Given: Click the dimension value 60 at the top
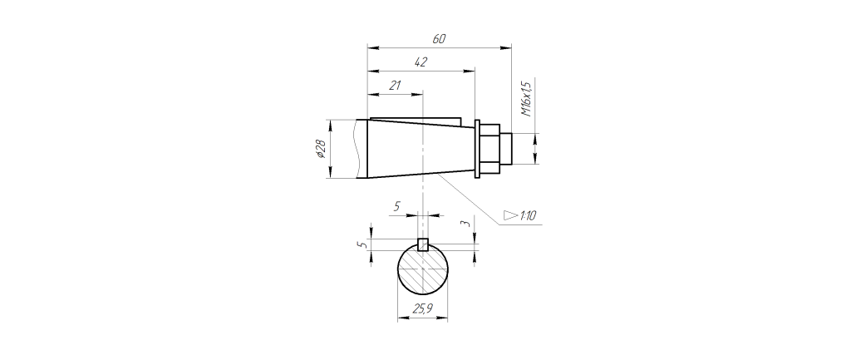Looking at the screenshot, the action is click(439, 39).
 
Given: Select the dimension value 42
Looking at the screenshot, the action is click(421, 62).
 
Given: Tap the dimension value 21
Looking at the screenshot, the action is click(395, 86).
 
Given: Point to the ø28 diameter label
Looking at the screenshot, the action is click(320, 149).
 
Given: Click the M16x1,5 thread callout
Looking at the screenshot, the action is click(525, 98).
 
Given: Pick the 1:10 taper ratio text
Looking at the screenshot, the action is click(528, 216).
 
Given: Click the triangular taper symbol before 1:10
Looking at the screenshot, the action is click(511, 215).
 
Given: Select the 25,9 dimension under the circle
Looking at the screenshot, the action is click(423, 309).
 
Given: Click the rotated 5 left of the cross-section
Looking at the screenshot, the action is click(366, 244).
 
